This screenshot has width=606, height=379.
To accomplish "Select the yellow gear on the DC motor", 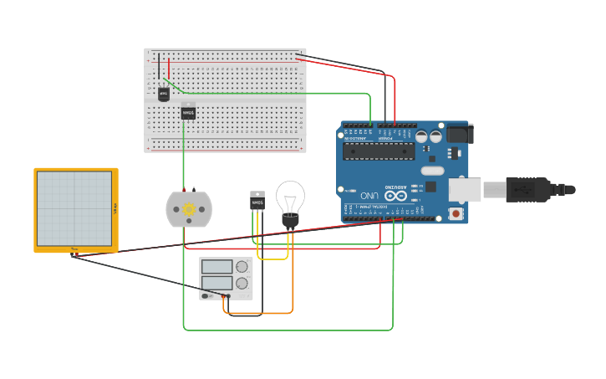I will click(189, 208).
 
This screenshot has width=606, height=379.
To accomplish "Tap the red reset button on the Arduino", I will click(456, 213).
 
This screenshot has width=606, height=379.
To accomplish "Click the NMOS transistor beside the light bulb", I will click(257, 202).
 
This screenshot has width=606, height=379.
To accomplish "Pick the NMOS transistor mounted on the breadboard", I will click(189, 111).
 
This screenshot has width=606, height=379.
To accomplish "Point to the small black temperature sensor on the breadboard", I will click(164, 94).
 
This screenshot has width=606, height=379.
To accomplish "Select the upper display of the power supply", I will click(216, 267).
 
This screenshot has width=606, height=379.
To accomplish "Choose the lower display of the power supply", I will click(216, 282).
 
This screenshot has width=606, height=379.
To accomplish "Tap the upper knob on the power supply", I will click(242, 267).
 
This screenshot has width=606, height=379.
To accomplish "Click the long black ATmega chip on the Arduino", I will click(378, 151).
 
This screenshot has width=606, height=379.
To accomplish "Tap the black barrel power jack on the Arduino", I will click(459, 133).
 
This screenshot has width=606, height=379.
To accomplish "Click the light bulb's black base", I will click(290, 220).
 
